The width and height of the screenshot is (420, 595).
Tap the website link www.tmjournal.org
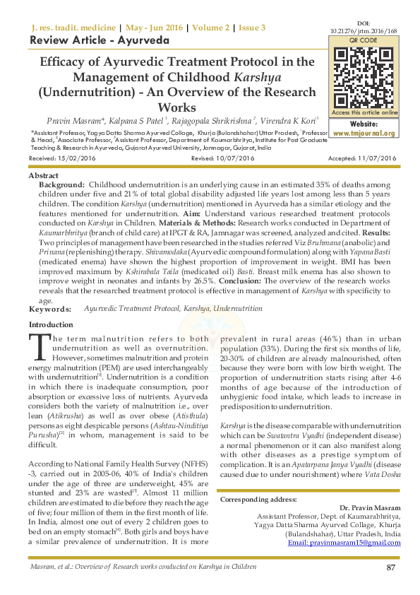[x=365, y=132]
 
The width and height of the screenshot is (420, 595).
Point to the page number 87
[x=390, y=568]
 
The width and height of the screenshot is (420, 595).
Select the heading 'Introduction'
[x=50, y=324]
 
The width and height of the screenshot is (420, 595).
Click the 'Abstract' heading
[x=44, y=175]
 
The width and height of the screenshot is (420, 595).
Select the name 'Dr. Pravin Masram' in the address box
[x=370, y=508]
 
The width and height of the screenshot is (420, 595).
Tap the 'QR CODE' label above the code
[x=364, y=41]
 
